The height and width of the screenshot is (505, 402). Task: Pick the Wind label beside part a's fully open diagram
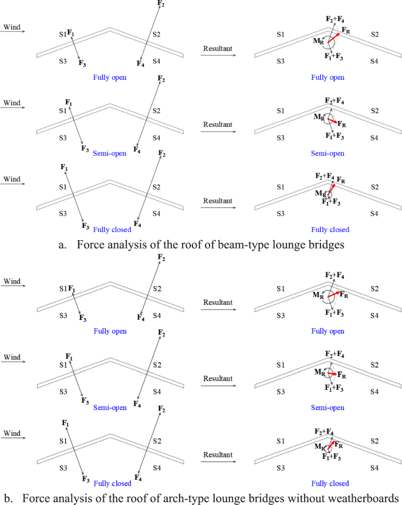tap(12, 27)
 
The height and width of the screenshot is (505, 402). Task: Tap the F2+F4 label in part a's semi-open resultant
tap(336, 102)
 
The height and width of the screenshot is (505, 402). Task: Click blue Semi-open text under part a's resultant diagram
tap(327, 153)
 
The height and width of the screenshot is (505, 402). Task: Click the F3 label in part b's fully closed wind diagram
tap(86, 479)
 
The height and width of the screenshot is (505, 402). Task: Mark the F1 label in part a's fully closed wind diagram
tap(64, 168)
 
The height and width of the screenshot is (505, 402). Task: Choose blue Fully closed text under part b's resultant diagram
tap(330, 483)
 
